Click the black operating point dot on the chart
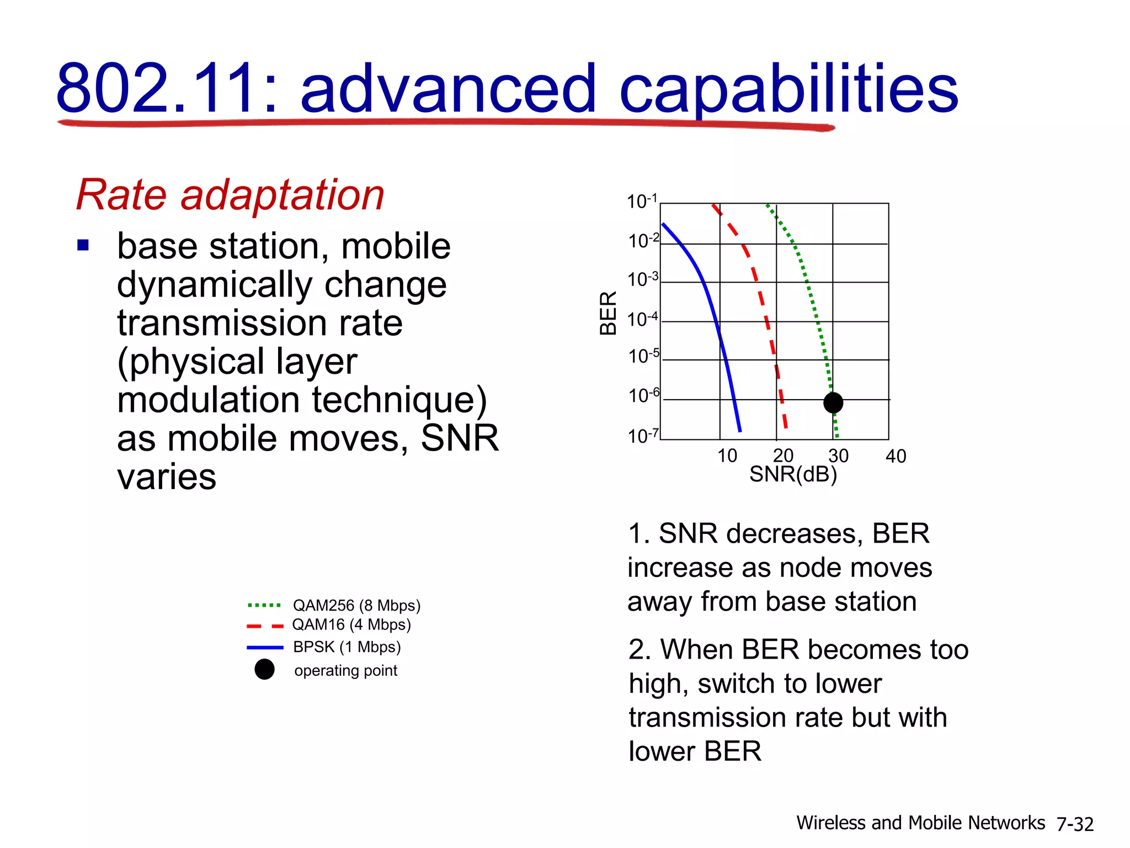pos(833,402)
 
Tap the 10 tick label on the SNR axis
pos(727,456)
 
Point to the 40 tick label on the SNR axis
pos(896,457)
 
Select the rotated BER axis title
pos(608,313)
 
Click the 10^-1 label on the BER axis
pos(642,202)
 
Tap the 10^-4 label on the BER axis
pos(643,319)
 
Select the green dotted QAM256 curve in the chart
pos(814,309)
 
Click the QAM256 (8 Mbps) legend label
pos(356,606)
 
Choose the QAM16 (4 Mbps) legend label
pos(351,625)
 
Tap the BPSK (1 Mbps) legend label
pos(347,647)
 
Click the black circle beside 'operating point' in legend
pos(264,669)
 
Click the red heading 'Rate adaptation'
pos(230,195)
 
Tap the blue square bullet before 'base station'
pos(83,245)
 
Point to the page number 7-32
pos(1075,824)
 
